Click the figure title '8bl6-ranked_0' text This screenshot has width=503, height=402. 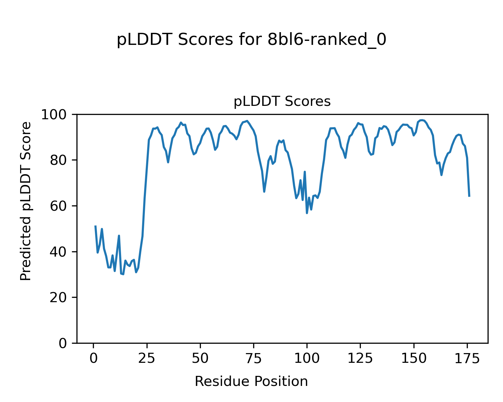coord(251,40)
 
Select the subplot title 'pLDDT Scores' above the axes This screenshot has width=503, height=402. coord(282,102)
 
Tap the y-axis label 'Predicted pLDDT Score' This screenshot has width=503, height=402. coord(26,201)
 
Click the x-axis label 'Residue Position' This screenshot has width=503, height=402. coord(251,381)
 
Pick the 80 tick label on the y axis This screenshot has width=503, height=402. coord(58,160)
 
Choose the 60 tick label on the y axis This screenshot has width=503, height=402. coord(58,206)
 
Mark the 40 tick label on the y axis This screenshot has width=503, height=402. coord(58,252)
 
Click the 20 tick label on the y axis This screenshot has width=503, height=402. coord(58,297)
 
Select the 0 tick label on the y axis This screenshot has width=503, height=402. coord(62,343)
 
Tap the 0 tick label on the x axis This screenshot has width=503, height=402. coord(94,358)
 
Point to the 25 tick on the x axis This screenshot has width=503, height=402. coord(147,358)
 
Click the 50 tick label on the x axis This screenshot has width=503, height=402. coord(200,358)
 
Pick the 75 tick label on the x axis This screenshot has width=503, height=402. coord(254,358)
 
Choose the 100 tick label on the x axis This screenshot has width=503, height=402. coord(307,358)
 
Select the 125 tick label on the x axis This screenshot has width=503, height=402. coord(360,358)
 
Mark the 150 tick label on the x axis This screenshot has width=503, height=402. coord(413,358)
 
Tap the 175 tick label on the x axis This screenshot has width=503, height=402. coord(467,358)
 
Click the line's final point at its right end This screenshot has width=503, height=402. coord(469,196)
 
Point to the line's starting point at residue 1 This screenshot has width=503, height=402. coord(96,226)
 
